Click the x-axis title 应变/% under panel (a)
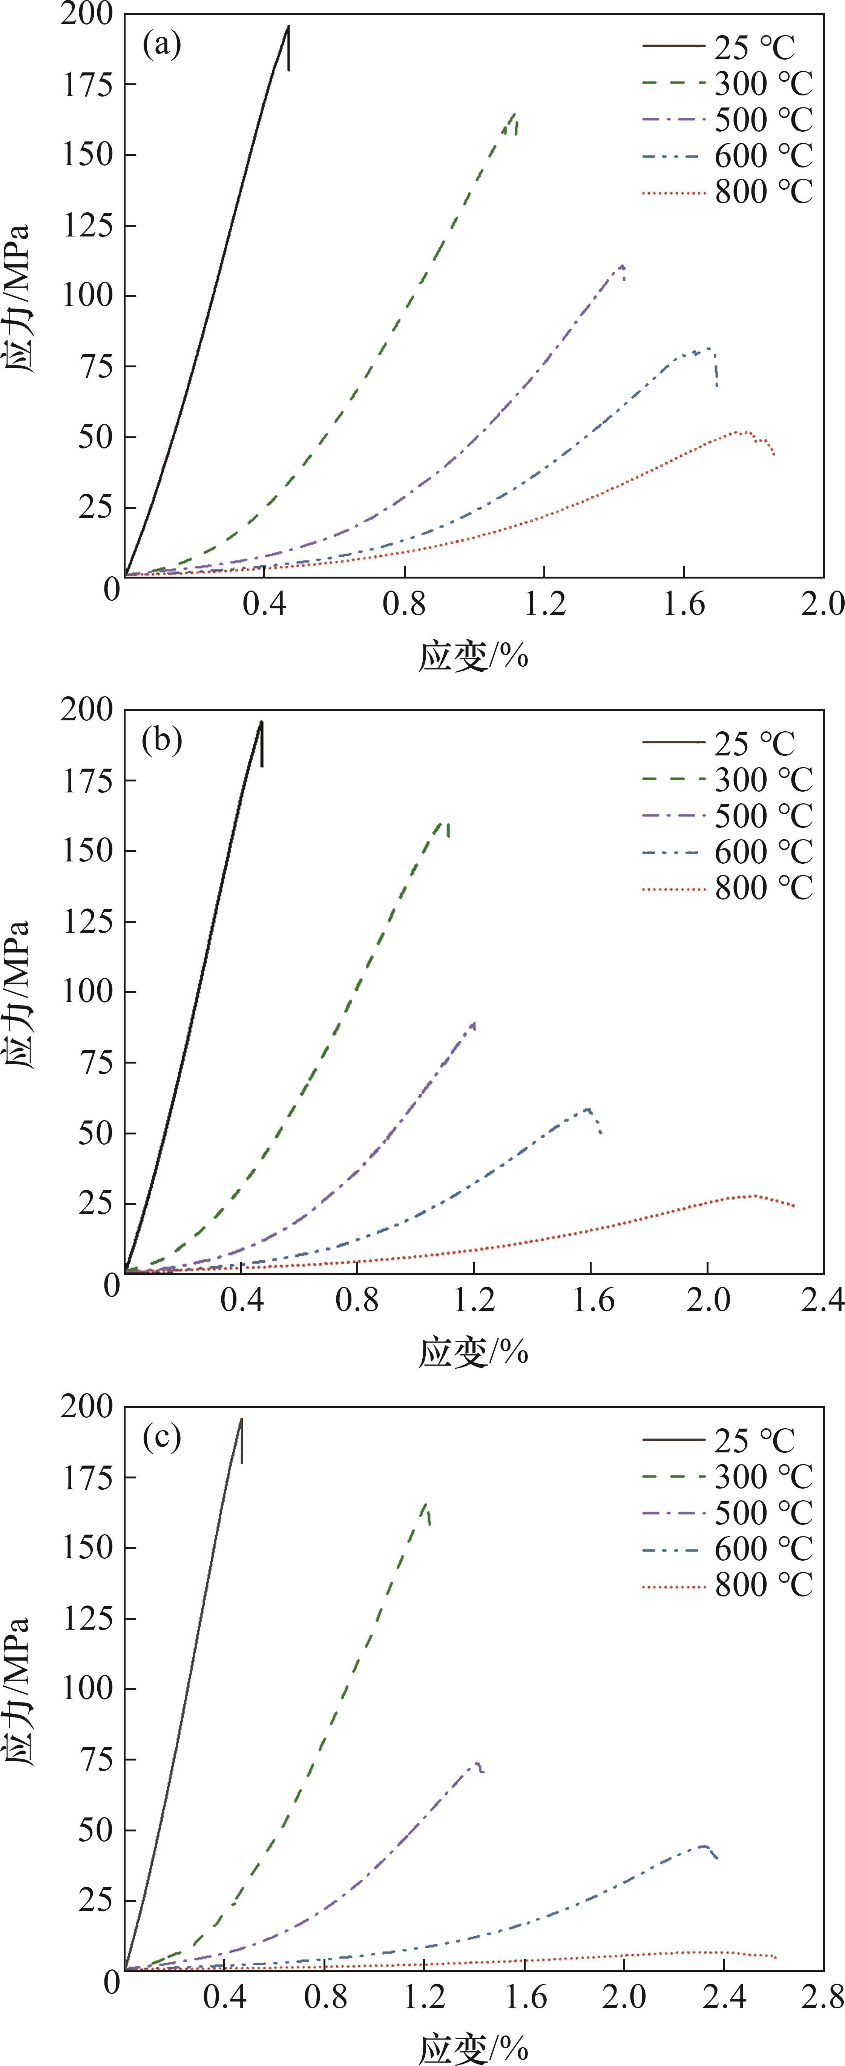(x=473, y=656)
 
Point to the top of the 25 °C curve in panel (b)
(x=261, y=722)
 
